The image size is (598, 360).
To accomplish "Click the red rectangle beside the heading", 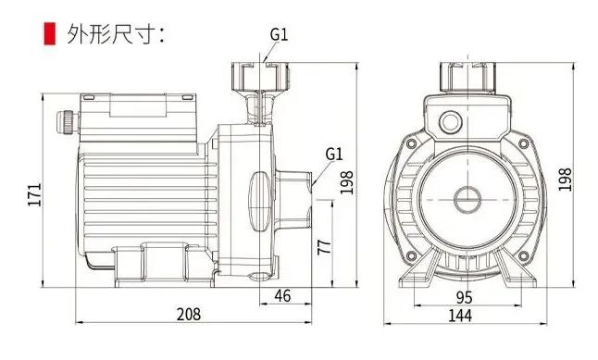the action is pyautogui.click(x=50, y=33).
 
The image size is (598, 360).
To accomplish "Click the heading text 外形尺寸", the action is pyautogui.click(x=111, y=34).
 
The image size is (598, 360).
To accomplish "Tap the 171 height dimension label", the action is pyautogui.click(x=34, y=195).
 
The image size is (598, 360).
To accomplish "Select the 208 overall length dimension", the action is pyautogui.click(x=189, y=315).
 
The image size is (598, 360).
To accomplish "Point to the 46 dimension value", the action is pyautogui.click(x=282, y=296).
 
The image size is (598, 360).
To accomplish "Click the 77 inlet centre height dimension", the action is pyautogui.click(x=325, y=247).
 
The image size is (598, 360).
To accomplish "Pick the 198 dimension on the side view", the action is pyautogui.click(x=346, y=182).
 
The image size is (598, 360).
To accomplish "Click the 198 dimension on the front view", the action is pyautogui.click(x=565, y=180).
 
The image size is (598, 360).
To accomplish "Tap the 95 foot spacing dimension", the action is pyautogui.click(x=464, y=297).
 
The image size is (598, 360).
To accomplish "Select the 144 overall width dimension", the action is pyautogui.click(x=459, y=316).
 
